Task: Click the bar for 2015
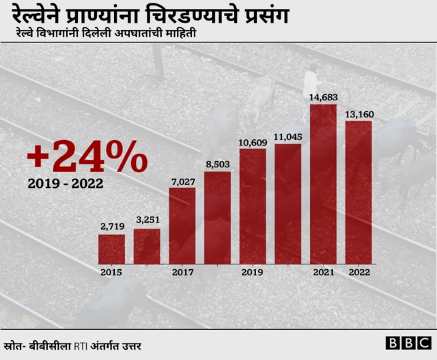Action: coord(111,249)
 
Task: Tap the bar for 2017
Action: coord(182,225)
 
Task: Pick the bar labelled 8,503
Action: coord(217,217)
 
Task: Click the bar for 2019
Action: coord(253,206)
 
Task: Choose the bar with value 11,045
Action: coord(287,204)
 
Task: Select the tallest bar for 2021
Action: coord(323,184)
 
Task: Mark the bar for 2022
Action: coord(358,192)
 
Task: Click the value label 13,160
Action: coord(358,113)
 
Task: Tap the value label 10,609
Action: coord(253,141)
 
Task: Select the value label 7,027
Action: coord(182,180)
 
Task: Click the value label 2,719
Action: coord(111,227)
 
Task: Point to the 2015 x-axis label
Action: coord(111,272)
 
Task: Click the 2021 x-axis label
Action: coord(323,272)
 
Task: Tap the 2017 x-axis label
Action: coord(182,272)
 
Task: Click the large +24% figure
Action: coord(87,158)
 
